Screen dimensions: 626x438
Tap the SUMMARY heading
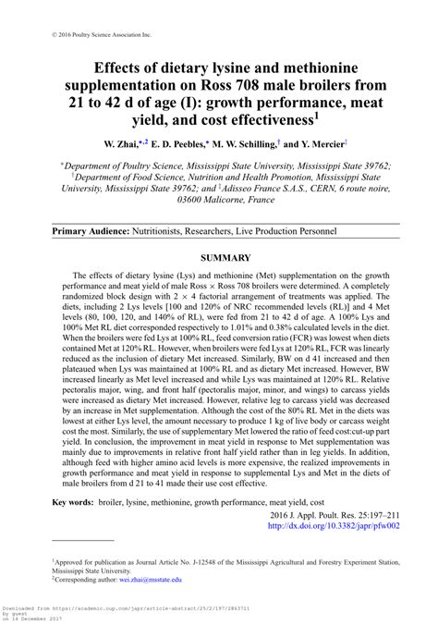coord(219,257)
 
